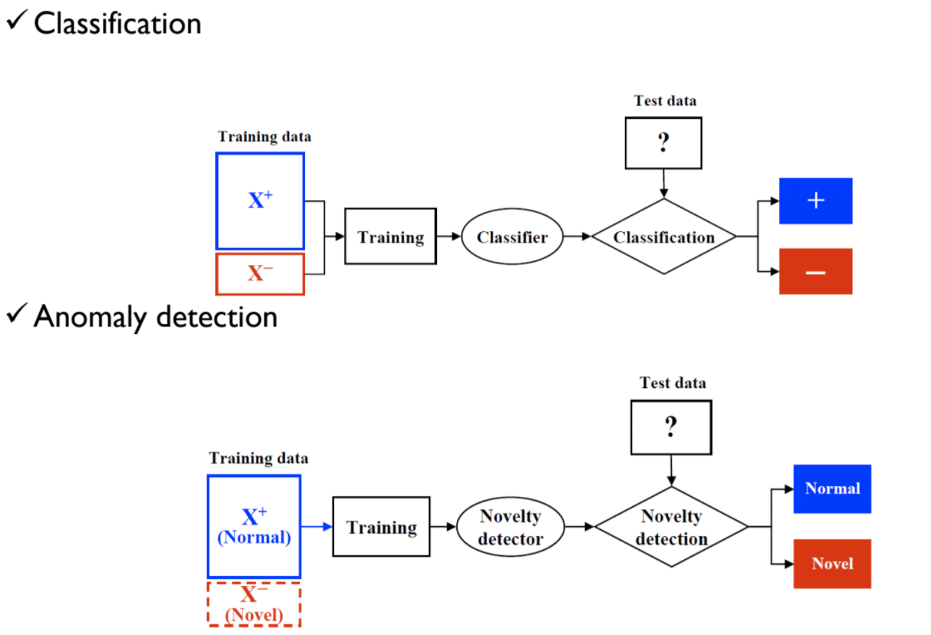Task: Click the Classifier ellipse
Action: tap(512, 236)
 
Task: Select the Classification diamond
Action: tap(663, 236)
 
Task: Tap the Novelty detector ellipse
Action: tap(510, 527)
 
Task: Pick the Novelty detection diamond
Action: tap(671, 527)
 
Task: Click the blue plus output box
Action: tap(815, 201)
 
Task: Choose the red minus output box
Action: tap(815, 272)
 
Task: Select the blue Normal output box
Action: tap(832, 489)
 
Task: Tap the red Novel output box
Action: tap(832, 564)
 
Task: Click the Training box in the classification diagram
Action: tap(390, 236)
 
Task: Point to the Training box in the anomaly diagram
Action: tap(381, 527)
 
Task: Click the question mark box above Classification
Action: tap(663, 143)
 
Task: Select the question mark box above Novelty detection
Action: tap(671, 427)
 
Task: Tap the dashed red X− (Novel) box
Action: tap(254, 604)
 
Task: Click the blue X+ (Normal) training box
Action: tap(254, 526)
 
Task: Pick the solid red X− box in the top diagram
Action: tap(260, 274)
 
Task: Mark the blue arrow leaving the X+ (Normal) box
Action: tap(317, 527)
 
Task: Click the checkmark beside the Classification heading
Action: tap(17, 21)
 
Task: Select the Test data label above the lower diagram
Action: tap(673, 383)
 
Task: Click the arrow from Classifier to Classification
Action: tap(577, 236)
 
